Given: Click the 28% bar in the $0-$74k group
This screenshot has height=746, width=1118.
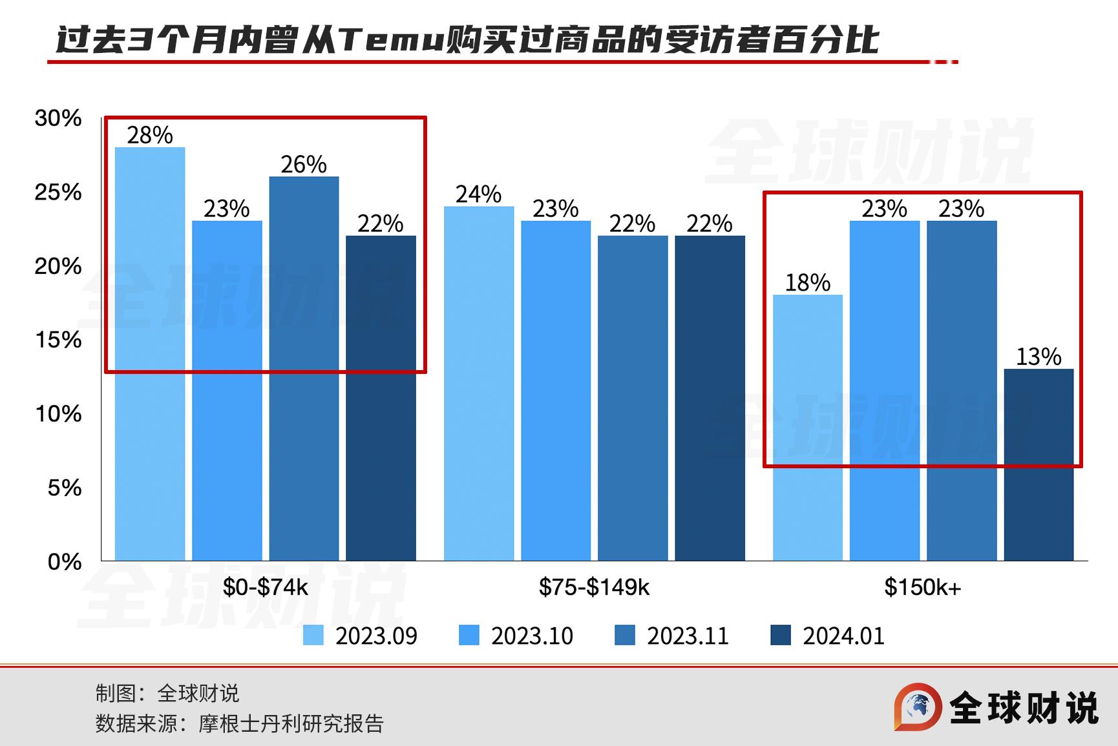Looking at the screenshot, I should coord(150,353).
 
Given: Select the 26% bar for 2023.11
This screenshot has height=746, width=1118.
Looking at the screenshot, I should coord(304,368).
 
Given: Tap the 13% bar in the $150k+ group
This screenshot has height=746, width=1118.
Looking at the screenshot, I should coord(1039,464).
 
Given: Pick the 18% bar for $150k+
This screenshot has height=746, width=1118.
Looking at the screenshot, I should coord(808,428).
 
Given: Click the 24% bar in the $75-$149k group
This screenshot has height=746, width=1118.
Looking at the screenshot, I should coord(479,383).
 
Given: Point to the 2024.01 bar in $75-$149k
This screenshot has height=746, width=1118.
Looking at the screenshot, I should coord(710,398).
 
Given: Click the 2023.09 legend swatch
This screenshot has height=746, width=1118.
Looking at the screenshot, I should coord(313,636).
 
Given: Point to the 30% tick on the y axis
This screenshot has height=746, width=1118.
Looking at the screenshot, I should coord(58,118).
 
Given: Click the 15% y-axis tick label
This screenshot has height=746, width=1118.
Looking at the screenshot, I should coord(58,340).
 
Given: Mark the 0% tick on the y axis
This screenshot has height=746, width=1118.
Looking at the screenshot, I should coord(65,562).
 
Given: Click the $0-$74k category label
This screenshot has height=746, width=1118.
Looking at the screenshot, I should coord(266,587).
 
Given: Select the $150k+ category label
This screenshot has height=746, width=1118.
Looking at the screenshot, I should coord(923,587).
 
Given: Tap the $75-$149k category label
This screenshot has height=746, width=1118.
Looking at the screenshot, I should coord(594,587).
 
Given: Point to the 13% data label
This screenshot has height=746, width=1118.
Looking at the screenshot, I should coord(1039,357).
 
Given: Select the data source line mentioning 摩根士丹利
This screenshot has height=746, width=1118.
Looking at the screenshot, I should coord(239,723).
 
